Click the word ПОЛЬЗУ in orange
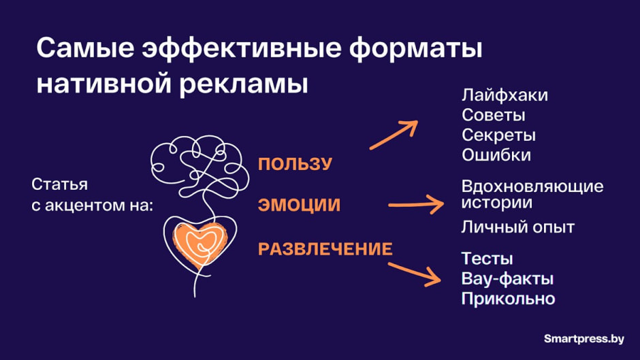pos(294,164)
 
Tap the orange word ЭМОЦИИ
pos(298,206)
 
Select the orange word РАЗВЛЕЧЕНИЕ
pos(325,249)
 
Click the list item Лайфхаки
pos(504,95)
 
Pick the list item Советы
pos(493,115)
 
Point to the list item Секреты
pos(498,135)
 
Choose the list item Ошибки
pos(496,154)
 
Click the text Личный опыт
pos(517,227)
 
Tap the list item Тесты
pos(487,259)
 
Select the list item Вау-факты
pos(507,279)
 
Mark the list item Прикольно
pos(508,299)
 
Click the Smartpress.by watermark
pos(583,338)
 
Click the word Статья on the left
pos(60,185)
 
